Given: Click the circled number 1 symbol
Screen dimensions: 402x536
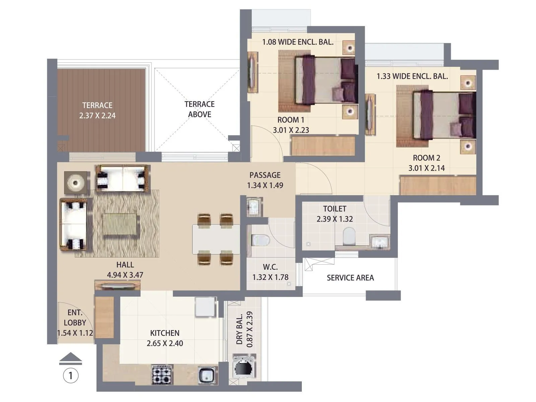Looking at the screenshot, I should point(71,376).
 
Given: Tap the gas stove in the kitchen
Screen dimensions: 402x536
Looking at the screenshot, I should point(162,375).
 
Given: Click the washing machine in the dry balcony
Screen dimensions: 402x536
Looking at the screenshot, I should point(244,368).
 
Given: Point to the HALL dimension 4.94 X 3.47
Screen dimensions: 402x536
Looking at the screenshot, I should point(125,275).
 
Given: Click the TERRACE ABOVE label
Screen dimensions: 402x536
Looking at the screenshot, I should point(199,109).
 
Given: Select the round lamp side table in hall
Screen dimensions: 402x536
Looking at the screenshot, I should point(76,183).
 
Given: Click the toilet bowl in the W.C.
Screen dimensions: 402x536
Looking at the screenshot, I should point(261,240).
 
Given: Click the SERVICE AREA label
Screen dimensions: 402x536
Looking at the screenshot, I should point(350,278).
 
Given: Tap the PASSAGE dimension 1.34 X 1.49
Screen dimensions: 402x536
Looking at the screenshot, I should point(265,185).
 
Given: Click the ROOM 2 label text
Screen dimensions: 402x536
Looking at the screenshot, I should point(426,158).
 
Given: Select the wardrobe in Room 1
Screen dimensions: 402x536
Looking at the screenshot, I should point(323,145).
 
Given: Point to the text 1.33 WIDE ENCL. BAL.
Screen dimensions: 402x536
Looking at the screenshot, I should point(412,76).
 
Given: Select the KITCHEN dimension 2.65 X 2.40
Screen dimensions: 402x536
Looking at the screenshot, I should point(165,343).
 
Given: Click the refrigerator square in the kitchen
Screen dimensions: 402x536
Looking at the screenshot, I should point(205,307).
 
